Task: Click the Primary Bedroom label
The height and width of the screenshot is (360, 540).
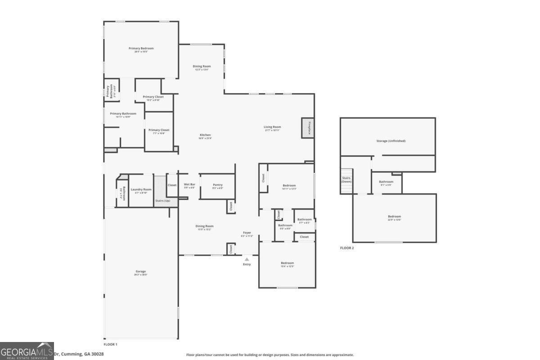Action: pos(141,48)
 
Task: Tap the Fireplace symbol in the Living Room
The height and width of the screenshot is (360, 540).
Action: pos(307,128)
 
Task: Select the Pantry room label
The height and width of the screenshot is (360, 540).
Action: pos(217,185)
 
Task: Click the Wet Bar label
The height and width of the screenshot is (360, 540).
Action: pos(189,184)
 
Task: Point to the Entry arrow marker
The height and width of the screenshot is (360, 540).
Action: pos(247,259)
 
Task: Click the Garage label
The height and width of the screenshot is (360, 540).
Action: pos(140,271)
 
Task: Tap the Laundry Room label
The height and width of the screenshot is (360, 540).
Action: pos(141,189)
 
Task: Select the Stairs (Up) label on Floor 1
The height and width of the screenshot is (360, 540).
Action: pos(162,201)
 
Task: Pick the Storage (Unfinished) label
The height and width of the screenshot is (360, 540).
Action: pos(391,141)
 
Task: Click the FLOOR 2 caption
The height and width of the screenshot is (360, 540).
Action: pos(346,248)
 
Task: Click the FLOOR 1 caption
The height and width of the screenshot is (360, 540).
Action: pos(110,344)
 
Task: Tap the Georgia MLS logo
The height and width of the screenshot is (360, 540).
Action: pos(27,351)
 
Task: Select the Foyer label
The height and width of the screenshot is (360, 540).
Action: pos(247,233)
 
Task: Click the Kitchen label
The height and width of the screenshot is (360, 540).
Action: pos(205,135)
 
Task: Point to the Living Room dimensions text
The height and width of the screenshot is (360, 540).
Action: pos(272,130)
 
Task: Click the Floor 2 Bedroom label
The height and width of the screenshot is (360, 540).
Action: pos(394,216)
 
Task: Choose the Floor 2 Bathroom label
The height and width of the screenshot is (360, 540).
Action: pos(386,182)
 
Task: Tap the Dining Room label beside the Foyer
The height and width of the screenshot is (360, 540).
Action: pos(204,226)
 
